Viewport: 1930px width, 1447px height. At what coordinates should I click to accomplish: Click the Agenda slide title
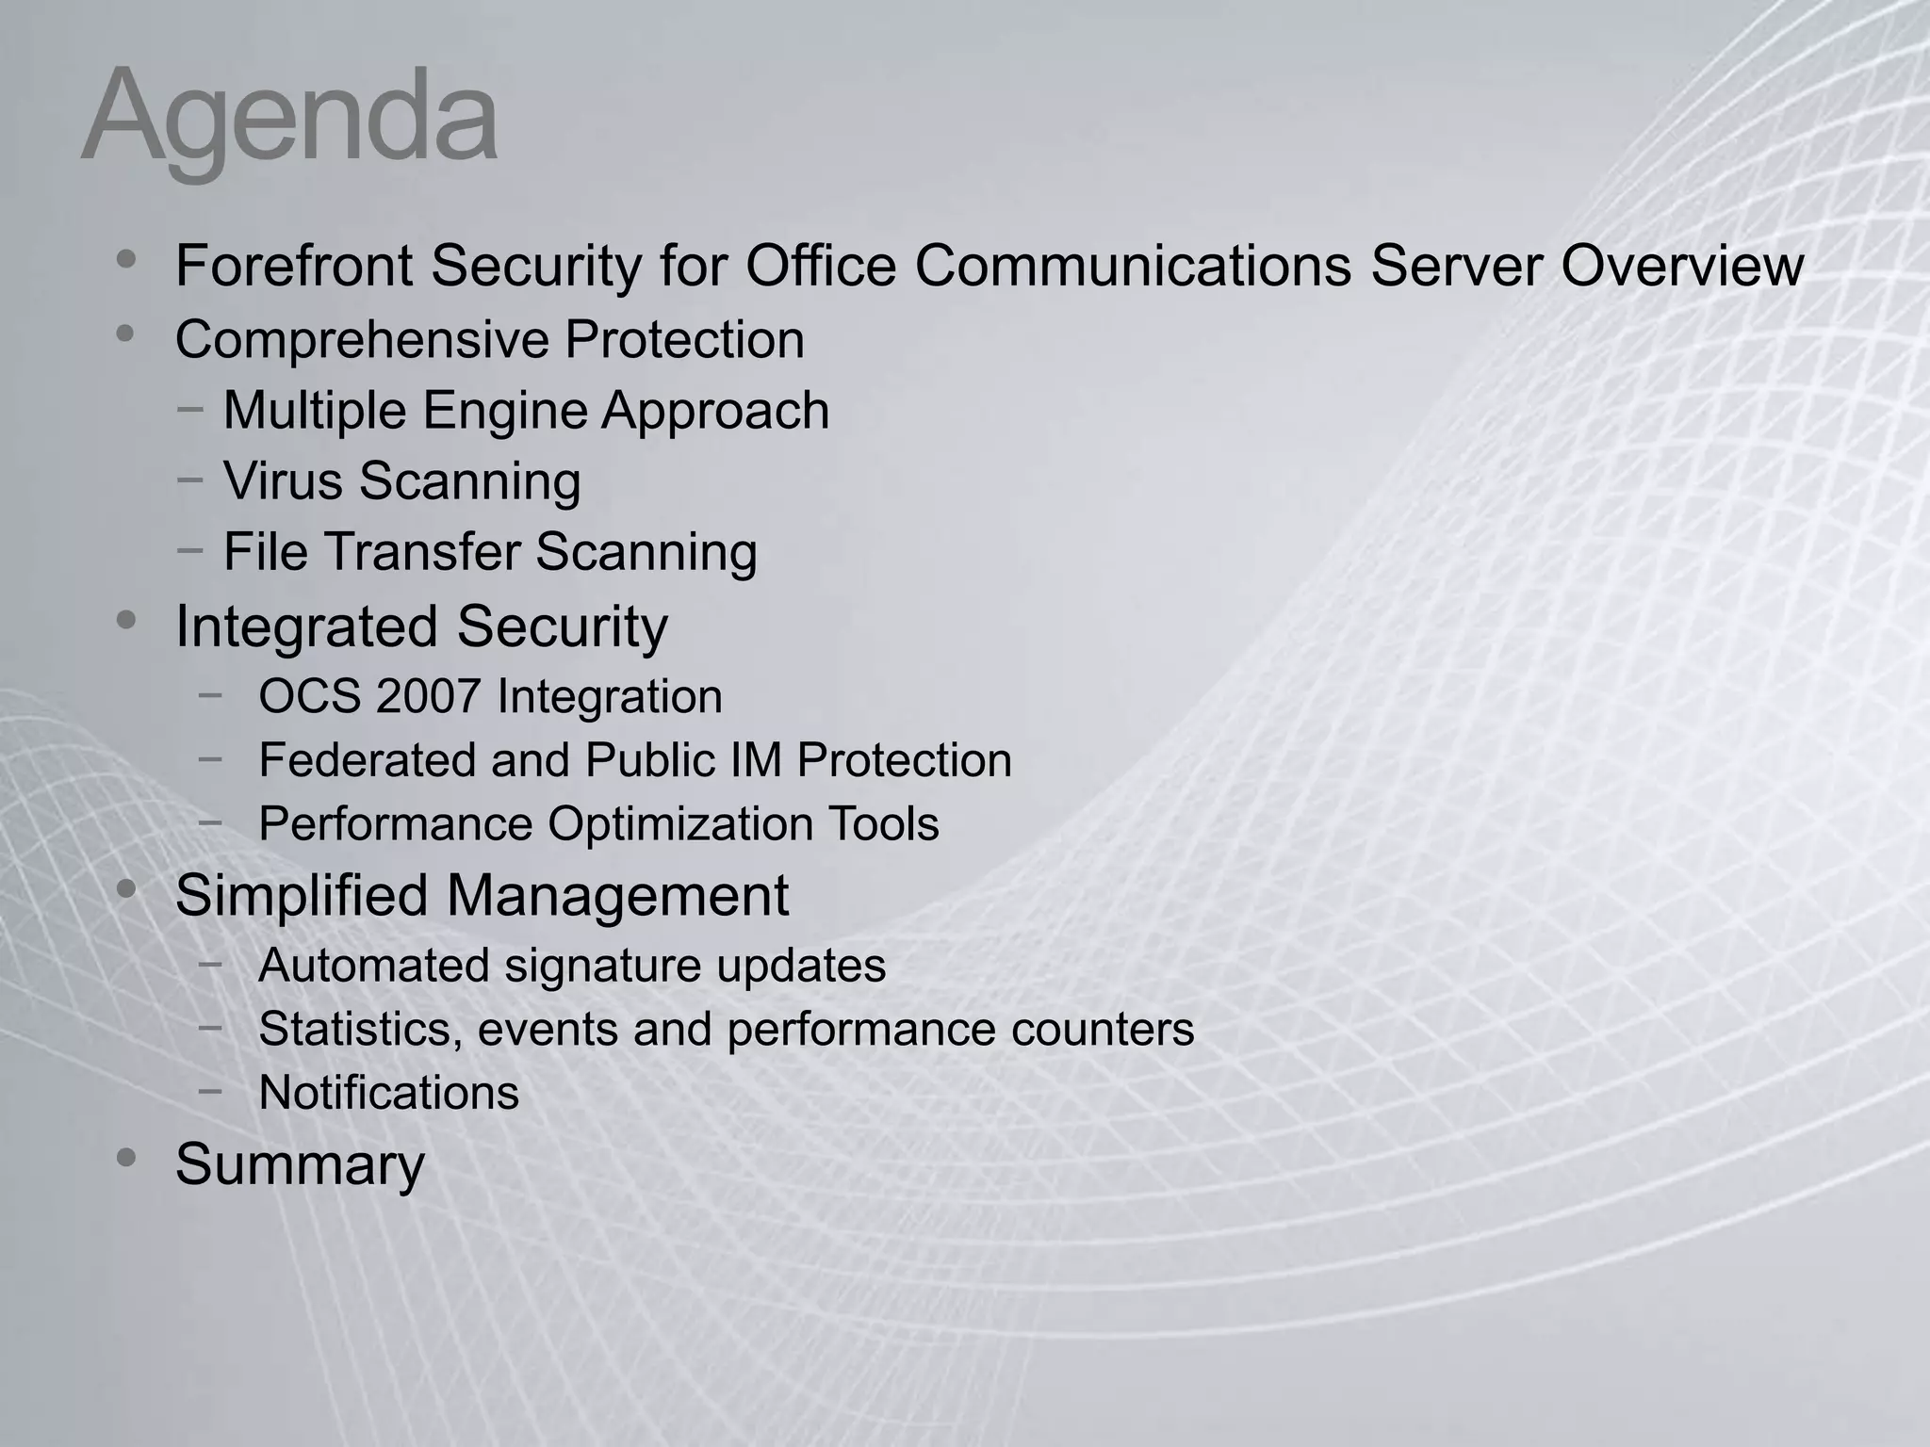click(289, 119)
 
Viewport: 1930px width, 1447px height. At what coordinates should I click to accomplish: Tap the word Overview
click(1682, 266)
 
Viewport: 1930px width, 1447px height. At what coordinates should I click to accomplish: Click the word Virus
click(283, 480)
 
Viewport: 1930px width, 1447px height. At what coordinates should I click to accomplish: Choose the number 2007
click(430, 697)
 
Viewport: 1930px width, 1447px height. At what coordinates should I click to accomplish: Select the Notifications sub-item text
click(388, 1093)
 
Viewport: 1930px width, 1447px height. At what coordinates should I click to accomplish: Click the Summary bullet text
click(300, 1164)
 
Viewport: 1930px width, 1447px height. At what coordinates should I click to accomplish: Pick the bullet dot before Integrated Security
click(126, 621)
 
